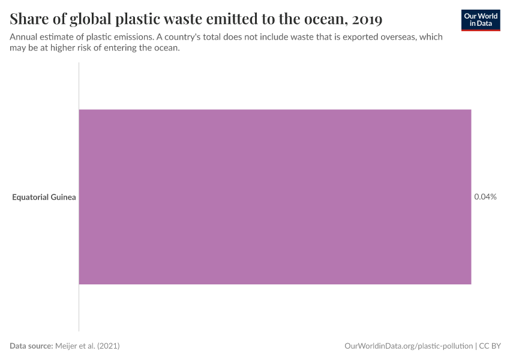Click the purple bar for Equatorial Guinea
[x=275, y=197]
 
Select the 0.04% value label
[x=485, y=197]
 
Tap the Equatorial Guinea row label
[x=44, y=197]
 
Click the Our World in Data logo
[x=480, y=20]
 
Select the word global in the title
[x=94, y=19]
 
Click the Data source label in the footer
[x=31, y=346]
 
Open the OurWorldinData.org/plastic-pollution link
[x=408, y=346]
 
